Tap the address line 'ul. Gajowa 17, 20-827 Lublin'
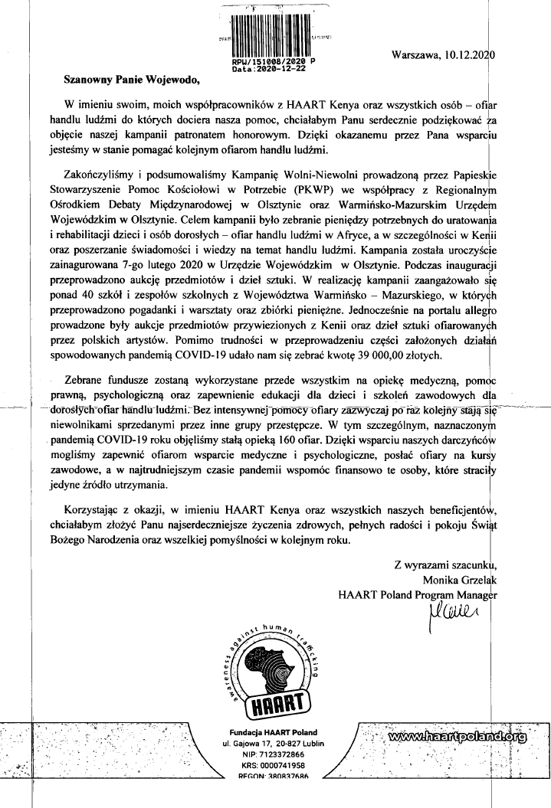pos(274,743)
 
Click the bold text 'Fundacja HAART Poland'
pos(274,732)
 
